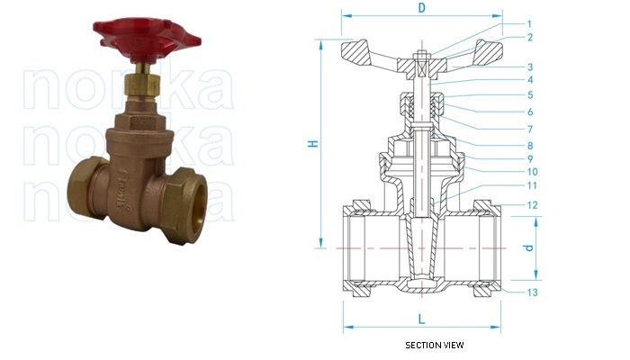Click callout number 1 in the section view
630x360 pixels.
(530, 23)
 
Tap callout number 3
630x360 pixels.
(530, 67)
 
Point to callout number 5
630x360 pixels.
(530, 94)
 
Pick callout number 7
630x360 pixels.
(530, 129)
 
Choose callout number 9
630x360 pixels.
(530, 158)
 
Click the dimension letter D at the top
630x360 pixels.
(421, 9)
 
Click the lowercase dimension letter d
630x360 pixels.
(529, 247)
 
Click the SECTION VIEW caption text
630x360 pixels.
(435, 345)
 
